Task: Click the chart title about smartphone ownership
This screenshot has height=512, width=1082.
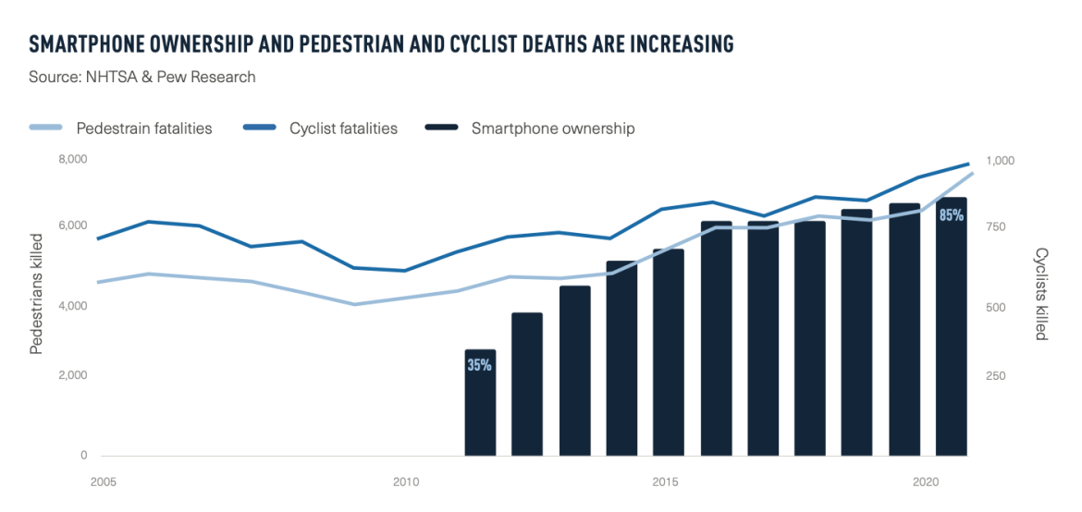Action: [x=381, y=43]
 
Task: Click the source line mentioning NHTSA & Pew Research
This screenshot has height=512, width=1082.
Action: [x=142, y=77]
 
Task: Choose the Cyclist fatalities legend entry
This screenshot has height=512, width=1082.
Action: [x=343, y=128]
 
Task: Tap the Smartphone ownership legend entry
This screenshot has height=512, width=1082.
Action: [x=552, y=128]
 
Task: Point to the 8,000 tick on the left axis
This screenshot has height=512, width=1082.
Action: [x=72, y=160]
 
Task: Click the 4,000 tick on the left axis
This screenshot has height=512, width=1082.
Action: [x=72, y=306]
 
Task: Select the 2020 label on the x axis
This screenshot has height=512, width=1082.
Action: [x=927, y=482]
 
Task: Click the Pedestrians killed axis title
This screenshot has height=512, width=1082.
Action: [x=37, y=293]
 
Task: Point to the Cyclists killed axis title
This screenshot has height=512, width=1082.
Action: [x=1040, y=294]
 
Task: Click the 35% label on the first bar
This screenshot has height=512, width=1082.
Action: [x=479, y=365]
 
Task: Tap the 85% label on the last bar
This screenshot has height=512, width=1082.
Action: [x=951, y=215]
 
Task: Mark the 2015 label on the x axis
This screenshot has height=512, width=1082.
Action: [x=665, y=482]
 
